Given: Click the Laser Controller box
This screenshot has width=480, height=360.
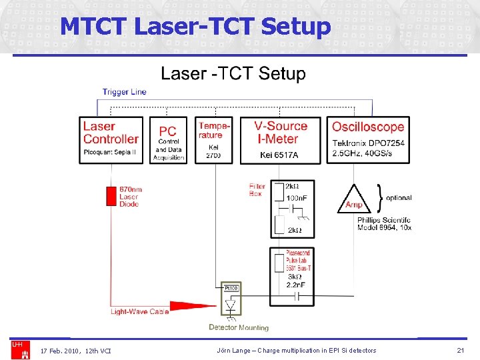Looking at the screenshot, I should pyautogui.click(x=111, y=139).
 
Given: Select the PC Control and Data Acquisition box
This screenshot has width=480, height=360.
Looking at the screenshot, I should pyautogui.click(x=168, y=139).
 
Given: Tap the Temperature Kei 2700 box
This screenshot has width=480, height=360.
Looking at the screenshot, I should pyautogui.click(x=213, y=139).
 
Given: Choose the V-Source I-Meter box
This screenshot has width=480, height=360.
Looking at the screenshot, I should pyautogui.click(x=280, y=139).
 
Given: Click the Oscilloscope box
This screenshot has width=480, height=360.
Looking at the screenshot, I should pyautogui.click(x=368, y=139).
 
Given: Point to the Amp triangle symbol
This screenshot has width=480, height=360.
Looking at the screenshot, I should pyautogui.click(x=354, y=201).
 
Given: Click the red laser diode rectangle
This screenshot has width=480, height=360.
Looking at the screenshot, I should pyautogui.click(x=111, y=196).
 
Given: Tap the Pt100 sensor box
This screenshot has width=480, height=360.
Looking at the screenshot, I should pyautogui.click(x=231, y=287).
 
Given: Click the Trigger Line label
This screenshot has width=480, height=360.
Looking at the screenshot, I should pyautogui.click(x=124, y=92).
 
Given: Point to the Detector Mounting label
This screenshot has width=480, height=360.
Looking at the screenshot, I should pyautogui.click(x=239, y=327).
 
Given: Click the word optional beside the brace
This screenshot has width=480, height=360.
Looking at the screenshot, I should pyautogui.click(x=399, y=198).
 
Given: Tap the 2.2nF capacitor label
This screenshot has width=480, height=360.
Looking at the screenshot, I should pyautogui.click(x=296, y=285).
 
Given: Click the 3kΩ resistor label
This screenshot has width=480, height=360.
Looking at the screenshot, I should pyautogui.click(x=293, y=276).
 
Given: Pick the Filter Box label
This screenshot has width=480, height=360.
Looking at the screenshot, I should pyautogui.click(x=257, y=190).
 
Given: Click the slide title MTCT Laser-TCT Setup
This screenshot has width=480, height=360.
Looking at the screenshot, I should pyautogui.click(x=195, y=27).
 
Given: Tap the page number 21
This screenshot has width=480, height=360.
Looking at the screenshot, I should pyautogui.click(x=460, y=351).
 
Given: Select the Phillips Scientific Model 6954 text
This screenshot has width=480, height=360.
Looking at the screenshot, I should pyautogui.click(x=384, y=223).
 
